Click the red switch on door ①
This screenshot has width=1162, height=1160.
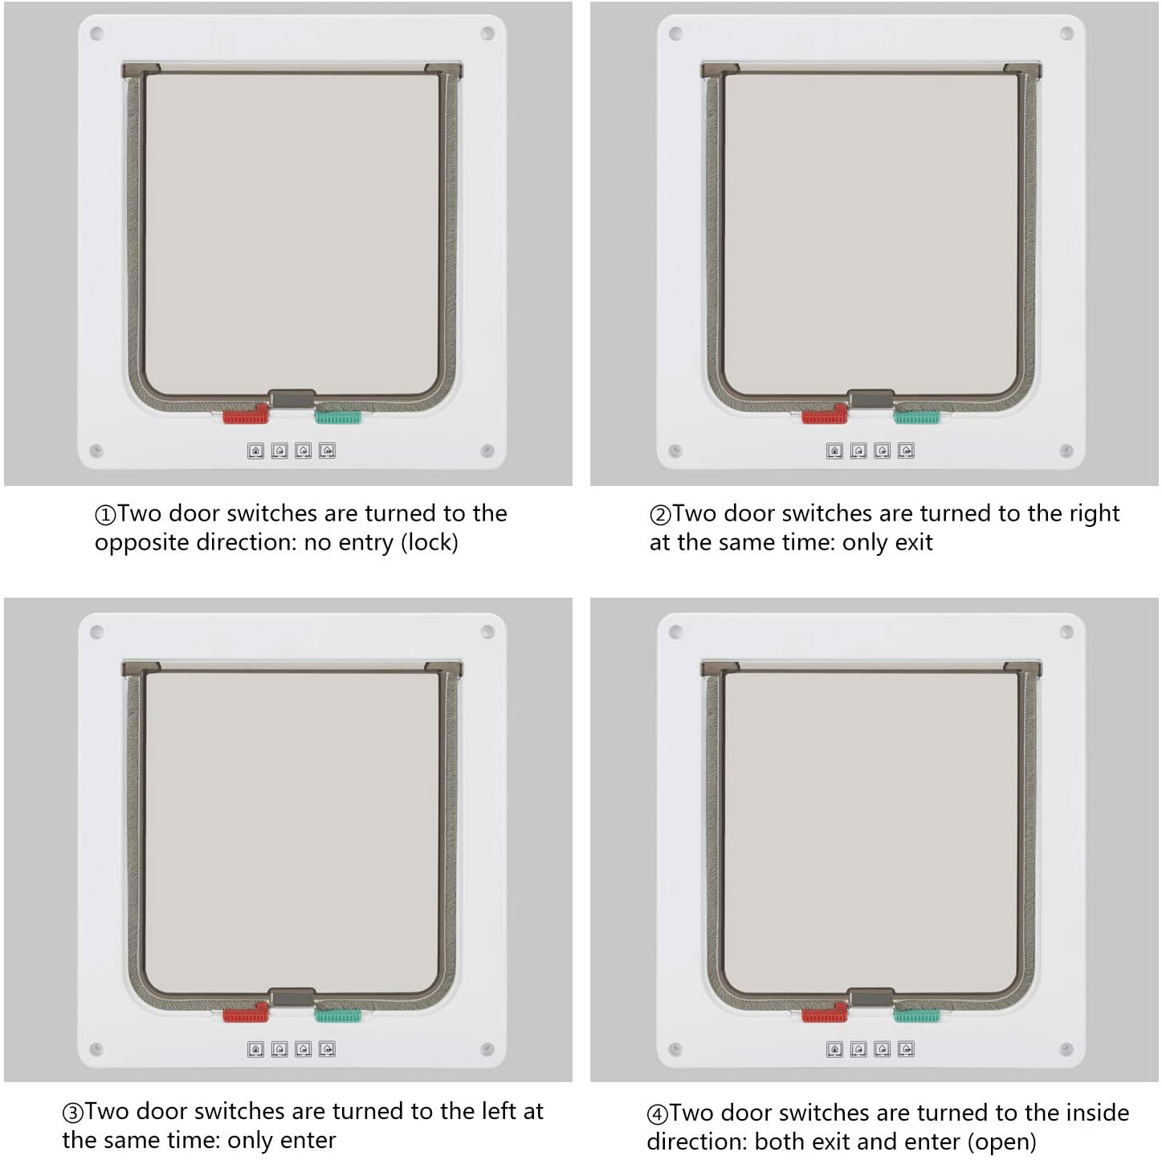246,415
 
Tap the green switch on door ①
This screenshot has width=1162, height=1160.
338,417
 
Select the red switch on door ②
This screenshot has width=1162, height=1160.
825,415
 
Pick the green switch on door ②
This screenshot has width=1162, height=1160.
916,417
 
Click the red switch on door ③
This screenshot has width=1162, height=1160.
246,1013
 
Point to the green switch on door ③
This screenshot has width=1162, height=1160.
338,1015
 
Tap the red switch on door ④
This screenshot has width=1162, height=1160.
825,1013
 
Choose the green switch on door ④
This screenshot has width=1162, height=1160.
916,1015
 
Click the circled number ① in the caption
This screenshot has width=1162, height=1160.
105,515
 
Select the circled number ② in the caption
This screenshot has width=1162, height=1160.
660,515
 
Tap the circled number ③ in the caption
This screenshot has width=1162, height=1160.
73,1113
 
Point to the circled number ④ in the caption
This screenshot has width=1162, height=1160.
657,1114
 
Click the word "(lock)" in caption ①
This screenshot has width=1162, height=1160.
430,542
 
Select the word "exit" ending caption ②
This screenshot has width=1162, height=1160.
914,542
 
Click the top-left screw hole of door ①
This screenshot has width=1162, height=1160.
96,33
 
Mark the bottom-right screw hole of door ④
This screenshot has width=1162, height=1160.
1066,1049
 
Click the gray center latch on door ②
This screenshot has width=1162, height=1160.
870,398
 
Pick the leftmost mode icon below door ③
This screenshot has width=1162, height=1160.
255,1049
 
